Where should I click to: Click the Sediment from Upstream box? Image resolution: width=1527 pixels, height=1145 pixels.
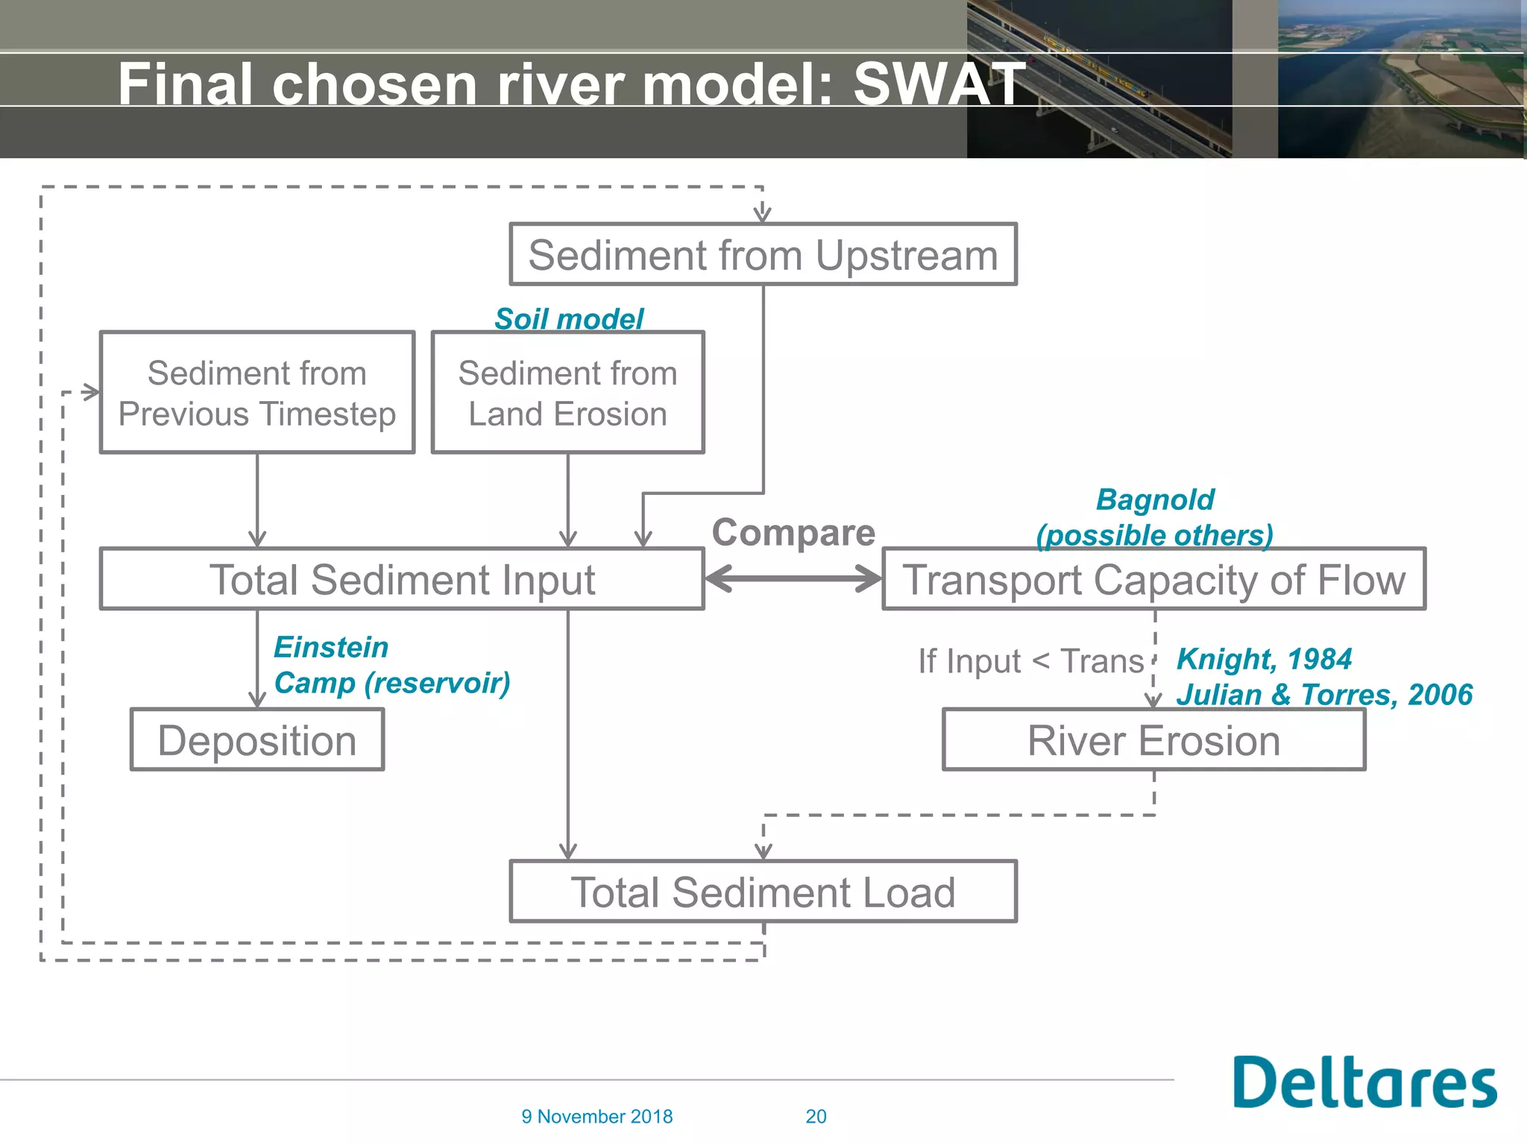pyautogui.click(x=763, y=255)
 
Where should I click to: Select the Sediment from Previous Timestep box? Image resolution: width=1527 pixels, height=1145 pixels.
pyautogui.click(x=257, y=393)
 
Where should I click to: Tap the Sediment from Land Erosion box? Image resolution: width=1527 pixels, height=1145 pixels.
pyautogui.click(x=567, y=393)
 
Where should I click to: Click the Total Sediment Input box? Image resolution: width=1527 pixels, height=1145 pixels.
pyautogui.click(x=402, y=580)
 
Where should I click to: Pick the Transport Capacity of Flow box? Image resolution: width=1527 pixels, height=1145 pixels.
pyautogui.click(x=1153, y=580)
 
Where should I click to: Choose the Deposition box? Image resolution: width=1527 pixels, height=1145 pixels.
pyautogui.click(x=257, y=740)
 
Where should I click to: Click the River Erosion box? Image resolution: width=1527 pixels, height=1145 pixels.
pyautogui.click(x=1153, y=740)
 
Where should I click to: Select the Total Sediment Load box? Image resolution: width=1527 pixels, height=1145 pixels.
pyautogui.click(x=763, y=892)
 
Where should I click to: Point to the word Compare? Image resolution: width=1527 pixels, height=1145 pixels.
pyautogui.click(x=793, y=533)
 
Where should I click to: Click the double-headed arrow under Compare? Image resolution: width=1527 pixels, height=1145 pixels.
pyautogui.click(x=793, y=578)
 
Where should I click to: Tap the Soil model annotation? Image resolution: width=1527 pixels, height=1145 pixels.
pyautogui.click(x=569, y=319)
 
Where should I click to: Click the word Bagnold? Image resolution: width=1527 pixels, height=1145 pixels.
pyautogui.click(x=1155, y=499)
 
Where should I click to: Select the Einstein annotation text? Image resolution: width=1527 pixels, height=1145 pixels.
pyautogui.click(x=331, y=647)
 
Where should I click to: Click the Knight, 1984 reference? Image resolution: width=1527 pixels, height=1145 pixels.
pyautogui.click(x=1264, y=659)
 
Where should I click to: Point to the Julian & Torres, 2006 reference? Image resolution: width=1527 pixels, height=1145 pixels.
pyautogui.click(x=1324, y=695)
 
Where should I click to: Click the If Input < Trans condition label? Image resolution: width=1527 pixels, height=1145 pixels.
pyautogui.click(x=1030, y=661)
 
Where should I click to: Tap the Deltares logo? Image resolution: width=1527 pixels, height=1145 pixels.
pyautogui.click(x=1364, y=1082)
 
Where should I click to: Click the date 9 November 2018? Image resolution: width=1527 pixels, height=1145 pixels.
pyautogui.click(x=596, y=1117)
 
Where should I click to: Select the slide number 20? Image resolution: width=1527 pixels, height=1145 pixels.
pyautogui.click(x=816, y=1117)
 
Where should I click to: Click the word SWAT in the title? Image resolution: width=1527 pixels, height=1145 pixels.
pyautogui.click(x=939, y=83)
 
